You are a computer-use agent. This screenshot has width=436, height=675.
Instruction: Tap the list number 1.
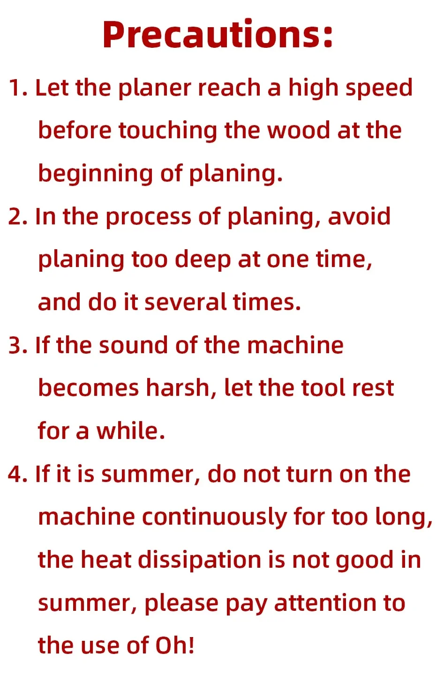18,88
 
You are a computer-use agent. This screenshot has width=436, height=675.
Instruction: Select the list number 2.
18,216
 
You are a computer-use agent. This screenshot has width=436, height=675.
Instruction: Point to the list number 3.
18,345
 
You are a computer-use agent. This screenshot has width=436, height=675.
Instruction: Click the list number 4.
18,475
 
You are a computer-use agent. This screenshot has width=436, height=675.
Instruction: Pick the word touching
168,131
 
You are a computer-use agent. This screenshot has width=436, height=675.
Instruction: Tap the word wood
299,131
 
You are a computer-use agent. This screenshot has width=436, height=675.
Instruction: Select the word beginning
96,174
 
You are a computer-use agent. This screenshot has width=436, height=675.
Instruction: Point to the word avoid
359,216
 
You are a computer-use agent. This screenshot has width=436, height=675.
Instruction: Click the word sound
134,345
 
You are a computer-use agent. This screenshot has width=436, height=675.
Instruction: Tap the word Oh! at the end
175,646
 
